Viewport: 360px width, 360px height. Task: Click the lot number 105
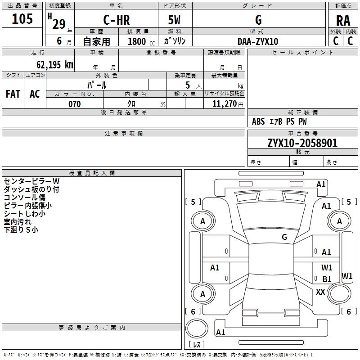[22, 19]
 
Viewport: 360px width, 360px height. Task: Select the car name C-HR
[117, 20]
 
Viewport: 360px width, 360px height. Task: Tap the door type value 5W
[174, 20]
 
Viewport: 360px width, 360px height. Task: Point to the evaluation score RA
[343, 21]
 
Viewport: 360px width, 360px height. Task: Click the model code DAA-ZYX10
[258, 41]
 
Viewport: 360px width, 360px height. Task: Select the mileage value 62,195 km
[55, 64]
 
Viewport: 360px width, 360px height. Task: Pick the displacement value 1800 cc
[141, 41]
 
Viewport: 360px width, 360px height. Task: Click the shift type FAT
[13, 94]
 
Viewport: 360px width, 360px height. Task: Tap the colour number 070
[75, 104]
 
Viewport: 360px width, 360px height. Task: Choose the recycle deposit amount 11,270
[224, 104]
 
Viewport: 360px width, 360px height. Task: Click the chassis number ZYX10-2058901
[302, 143]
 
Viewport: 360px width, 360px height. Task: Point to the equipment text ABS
[258, 121]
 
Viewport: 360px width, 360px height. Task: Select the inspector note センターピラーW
[31, 181]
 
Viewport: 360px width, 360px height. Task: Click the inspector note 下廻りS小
[21, 229]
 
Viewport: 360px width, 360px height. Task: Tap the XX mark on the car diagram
[320, 292]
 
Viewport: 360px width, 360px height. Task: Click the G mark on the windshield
[284, 237]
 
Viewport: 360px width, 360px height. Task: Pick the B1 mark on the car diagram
[327, 279]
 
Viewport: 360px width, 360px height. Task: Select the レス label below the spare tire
[197, 344]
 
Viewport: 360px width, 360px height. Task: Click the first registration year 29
[59, 24]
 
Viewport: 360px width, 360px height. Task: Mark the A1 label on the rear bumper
[220, 332]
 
